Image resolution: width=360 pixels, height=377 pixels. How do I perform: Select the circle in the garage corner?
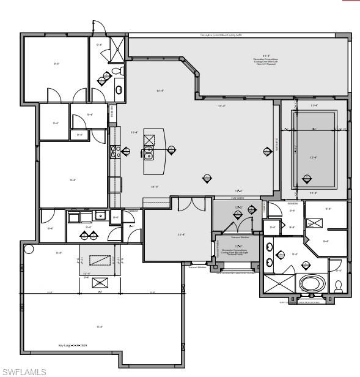point(28,249)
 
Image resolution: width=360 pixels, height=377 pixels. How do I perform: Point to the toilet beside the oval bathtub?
point(339,285)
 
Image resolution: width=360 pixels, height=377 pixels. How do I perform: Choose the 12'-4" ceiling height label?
point(314,157)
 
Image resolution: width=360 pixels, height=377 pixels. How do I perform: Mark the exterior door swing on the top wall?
point(98,28)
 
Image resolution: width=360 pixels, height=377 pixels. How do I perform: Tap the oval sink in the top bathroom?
point(119,89)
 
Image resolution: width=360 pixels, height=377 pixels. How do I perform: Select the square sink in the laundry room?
point(98,217)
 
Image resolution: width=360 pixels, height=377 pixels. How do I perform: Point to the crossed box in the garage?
point(101,283)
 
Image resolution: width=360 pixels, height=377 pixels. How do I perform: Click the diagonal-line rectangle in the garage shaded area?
point(101,259)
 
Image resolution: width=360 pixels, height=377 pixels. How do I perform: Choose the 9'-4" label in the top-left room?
point(56,63)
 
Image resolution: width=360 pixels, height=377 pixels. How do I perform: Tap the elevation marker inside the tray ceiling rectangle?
point(307,180)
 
